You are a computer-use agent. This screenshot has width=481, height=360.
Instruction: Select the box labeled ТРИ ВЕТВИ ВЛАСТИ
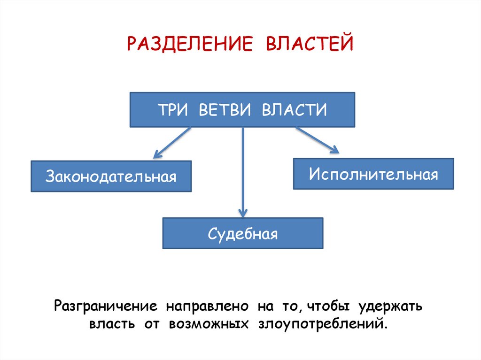click(242, 110)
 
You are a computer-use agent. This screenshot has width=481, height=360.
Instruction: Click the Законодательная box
click(111, 176)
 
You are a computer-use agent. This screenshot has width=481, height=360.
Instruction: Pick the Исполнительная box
click(373, 174)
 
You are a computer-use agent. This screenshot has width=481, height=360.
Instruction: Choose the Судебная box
click(243, 233)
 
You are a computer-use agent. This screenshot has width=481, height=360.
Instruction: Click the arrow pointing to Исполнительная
click(317, 140)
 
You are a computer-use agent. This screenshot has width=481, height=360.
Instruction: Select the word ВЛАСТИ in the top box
click(294, 110)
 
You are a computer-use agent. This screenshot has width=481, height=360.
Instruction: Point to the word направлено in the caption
click(206, 307)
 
